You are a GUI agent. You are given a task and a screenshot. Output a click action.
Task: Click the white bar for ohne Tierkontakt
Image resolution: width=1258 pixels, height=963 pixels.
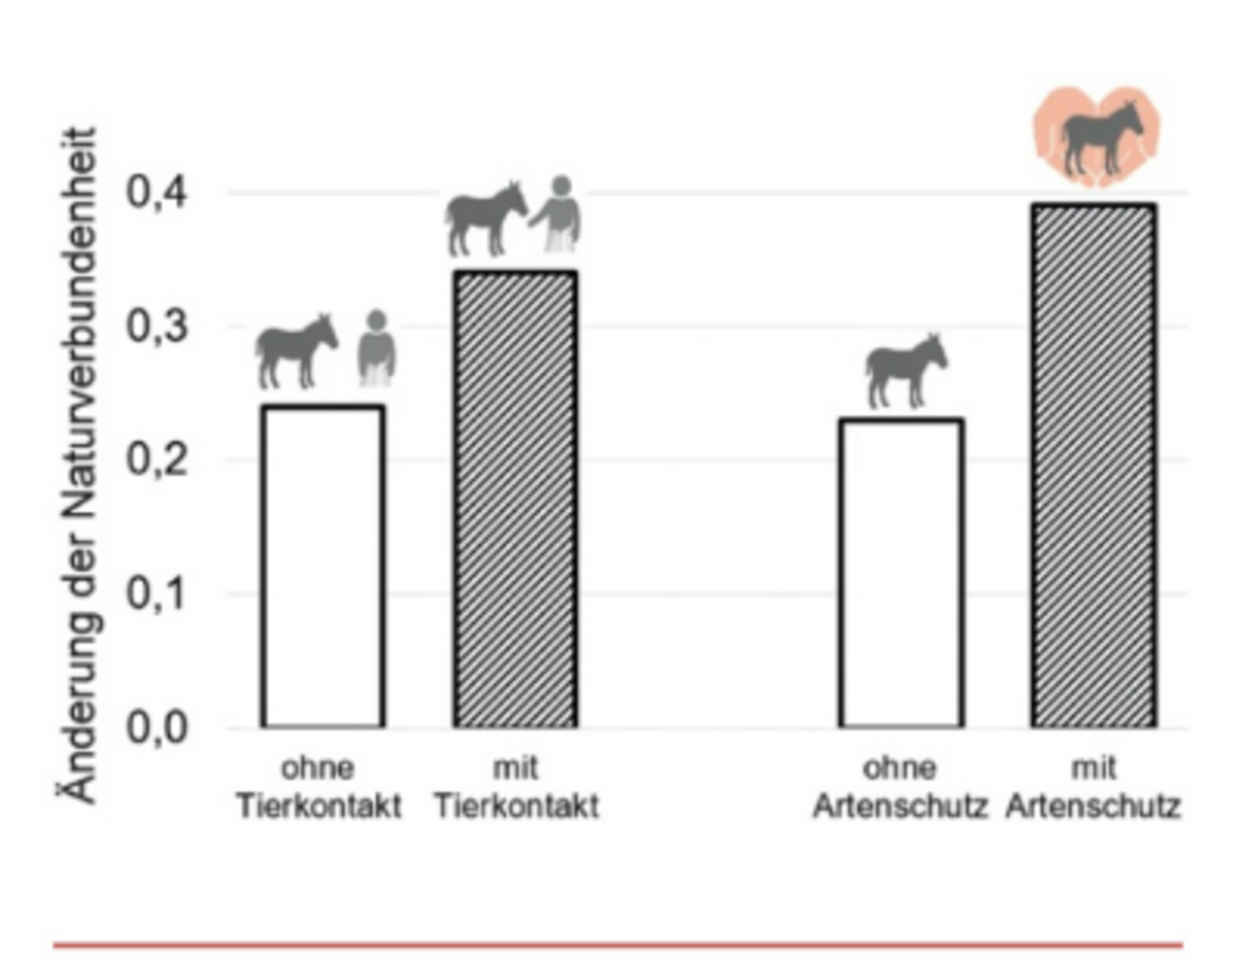pyautogui.click(x=322, y=567)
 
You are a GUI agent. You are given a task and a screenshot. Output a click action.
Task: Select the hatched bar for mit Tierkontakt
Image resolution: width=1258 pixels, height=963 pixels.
pyautogui.click(x=515, y=499)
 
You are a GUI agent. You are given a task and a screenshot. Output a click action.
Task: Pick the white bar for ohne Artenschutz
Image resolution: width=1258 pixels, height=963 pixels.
pyautogui.click(x=900, y=574)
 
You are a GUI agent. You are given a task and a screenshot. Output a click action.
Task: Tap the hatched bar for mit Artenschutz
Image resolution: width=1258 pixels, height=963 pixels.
pyautogui.click(x=1093, y=466)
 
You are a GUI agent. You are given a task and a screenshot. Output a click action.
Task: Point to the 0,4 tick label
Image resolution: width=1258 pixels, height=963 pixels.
pyautogui.click(x=157, y=193)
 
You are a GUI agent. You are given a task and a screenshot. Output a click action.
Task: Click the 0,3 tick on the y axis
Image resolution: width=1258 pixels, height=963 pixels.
pyautogui.click(x=157, y=326)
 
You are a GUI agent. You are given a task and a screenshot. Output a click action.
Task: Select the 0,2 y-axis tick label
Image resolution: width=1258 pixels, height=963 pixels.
pyautogui.click(x=157, y=460)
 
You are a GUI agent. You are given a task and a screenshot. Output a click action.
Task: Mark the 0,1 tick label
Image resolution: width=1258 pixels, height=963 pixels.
pyautogui.click(x=157, y=594)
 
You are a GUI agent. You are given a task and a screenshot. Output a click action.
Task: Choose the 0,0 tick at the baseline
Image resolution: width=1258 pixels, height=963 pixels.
pyautogui.click(x=157, y=728)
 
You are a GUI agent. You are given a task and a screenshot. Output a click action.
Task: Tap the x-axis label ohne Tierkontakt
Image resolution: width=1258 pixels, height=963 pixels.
pyautogui.click(x=318, y=787)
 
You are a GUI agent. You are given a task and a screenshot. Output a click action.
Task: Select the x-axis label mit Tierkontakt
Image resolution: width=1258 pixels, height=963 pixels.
pyautogui.click(x=516, y=787)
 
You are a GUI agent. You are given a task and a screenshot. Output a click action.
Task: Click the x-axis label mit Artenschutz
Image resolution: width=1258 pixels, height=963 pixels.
pyautogui.click(x=1093, y=787)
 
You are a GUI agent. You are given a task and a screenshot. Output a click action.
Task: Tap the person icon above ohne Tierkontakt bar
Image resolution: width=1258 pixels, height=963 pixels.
pyautogui.click(x=375, y=348)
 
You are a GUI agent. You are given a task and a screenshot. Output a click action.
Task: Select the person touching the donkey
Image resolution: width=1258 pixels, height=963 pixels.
pyautogui.click(x=558, y=213)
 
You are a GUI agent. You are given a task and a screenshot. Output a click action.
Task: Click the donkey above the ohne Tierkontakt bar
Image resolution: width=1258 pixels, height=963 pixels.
pyautogui.click(x=295, y=350)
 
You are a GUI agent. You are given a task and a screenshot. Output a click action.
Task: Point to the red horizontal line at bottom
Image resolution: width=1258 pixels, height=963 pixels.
pyautogui.click(x=617, y=945)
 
